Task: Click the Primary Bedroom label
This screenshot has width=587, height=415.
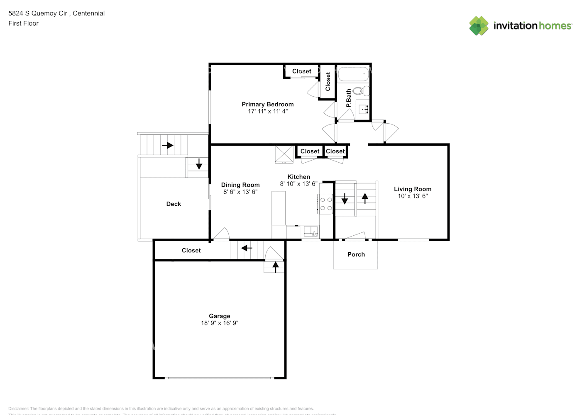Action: click(267, 104)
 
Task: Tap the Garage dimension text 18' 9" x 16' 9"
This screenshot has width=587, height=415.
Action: click(220, 323)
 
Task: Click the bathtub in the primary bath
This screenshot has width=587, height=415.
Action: click(353, 74)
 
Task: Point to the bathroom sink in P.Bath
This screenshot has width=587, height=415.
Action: click(363, 110)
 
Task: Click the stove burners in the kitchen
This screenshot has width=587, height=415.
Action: click(326, 204)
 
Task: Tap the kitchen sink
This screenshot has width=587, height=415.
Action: click(310, 232)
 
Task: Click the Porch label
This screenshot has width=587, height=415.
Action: click(356, 254)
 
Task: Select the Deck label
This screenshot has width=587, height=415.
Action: click(174, 204)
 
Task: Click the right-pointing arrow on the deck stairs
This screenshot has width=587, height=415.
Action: click(168, 145)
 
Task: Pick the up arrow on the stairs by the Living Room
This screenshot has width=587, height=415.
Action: click(365, 198)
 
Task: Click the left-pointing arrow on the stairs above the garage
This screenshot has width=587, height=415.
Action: click(247, 248)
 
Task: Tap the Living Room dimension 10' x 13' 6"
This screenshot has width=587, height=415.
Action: click(413, 196)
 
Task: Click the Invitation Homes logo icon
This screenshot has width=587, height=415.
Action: click(479, 26)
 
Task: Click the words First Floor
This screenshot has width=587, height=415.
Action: click(23, 23)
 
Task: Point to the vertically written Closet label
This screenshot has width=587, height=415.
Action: click(328, 82)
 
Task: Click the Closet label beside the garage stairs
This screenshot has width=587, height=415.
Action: click(191, 250)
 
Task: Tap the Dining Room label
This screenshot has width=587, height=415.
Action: click(240, 185)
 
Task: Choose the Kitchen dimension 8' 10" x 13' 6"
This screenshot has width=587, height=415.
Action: click(298, 183)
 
